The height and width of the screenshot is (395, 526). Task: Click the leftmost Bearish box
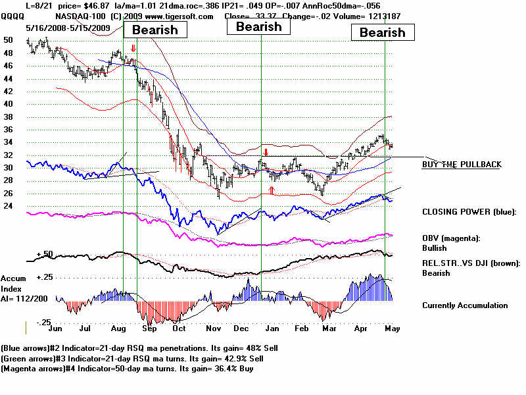pyautogui.click(x=156, y=29)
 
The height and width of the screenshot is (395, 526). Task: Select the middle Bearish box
pyautogui.click(x=258, y=26)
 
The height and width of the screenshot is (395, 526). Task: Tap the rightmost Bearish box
pyautogui.click(x=383, y=32)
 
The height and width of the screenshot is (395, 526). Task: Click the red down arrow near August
pyautogui.click(x=133, y=48)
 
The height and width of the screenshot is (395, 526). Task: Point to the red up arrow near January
pyautogui.click(x=272, y=190)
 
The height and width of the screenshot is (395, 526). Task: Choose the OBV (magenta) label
pyautogui.click(x=454, y=238)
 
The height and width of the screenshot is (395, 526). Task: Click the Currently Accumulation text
pyautogui.click(x=465, y=305)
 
